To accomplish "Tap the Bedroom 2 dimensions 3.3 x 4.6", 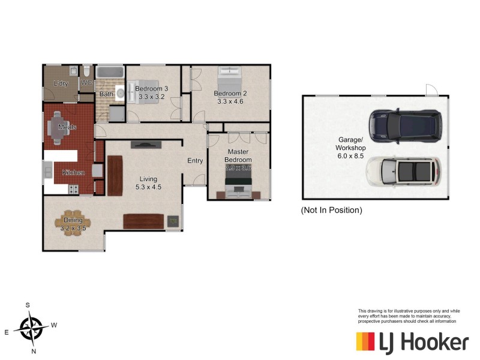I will coord(230,101).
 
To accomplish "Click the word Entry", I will coord(195,161).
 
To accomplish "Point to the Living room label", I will coord(149,178).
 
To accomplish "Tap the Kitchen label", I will coord(73,173).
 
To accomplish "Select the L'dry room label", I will coord(61,83).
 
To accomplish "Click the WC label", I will coord(86,83).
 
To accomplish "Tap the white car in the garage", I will coord(403,171).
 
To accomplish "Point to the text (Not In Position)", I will coord(331,211).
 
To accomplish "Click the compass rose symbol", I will coord(31,328).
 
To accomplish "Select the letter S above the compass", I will coord(28,305).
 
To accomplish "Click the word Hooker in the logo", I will coord(425,343).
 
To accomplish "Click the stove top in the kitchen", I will coord(74,189).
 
